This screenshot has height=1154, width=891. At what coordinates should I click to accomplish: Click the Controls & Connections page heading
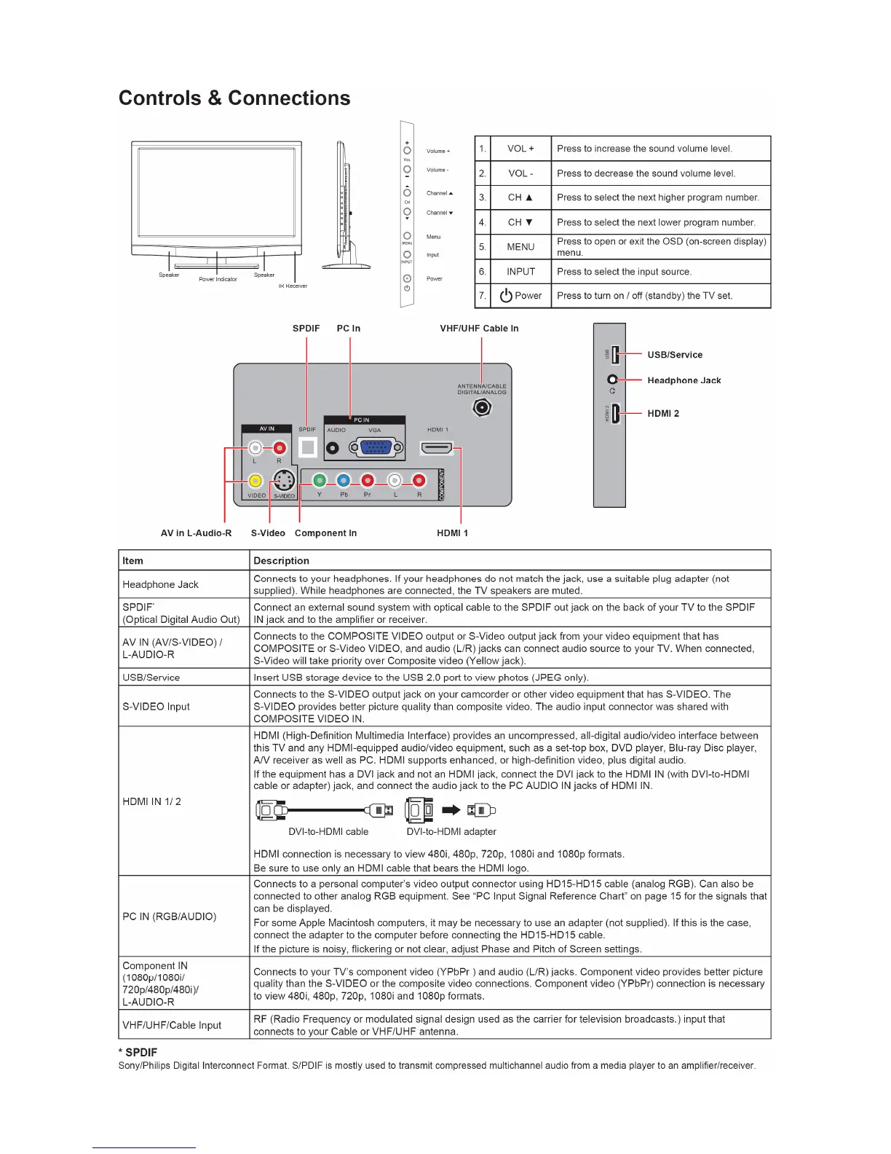pyautogui.click(x=234, y=98)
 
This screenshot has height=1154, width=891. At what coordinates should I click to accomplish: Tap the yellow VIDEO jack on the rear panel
pyautogui.click(x=256, y=481)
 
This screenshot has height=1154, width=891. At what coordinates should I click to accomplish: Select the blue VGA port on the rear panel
pyautogui.click(x=377, y=448)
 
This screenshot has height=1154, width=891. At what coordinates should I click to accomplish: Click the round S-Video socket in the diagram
pyautogui.click(x=283, y=481)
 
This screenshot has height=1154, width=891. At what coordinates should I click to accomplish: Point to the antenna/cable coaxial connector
pyautogui.click(x=481, y=408)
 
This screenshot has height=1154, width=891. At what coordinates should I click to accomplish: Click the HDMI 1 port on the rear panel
pyautogui.click(x=437, y=448)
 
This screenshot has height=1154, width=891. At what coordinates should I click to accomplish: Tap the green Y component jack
pyautogui.click(x=320, y=481)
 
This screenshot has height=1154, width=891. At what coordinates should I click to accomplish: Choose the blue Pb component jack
pyautogui.click(x=344, y=481)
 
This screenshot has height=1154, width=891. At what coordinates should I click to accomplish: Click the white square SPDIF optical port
pyautogui.click(x=309, y=447)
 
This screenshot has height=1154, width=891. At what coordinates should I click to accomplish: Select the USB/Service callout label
pyautogui.click(x=675, y=355)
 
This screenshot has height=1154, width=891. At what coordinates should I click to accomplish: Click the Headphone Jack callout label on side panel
pyautogui.click(x=684, y=380)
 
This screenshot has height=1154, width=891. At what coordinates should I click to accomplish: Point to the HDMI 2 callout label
pyautogui.click(x=663, y=413)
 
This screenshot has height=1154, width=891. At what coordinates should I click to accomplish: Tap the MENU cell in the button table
pyautogui.click(x=520, y=247)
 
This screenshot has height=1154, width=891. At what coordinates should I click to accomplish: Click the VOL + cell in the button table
pyautogui.click(x=520, y=149)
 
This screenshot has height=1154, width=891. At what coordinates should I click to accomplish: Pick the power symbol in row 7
pyautogui.click(x=506, y=296)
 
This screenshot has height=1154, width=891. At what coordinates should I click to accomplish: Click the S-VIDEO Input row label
pyautogui.click(x=156, y=707)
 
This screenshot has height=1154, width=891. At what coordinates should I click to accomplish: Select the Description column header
pyautogui.click(x=281, y=561)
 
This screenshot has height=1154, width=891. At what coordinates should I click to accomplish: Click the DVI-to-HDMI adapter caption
pyautogui.click(x=451, y=832)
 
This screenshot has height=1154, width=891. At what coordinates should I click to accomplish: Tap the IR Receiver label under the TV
pyautogui.click(x=293, y=286)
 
